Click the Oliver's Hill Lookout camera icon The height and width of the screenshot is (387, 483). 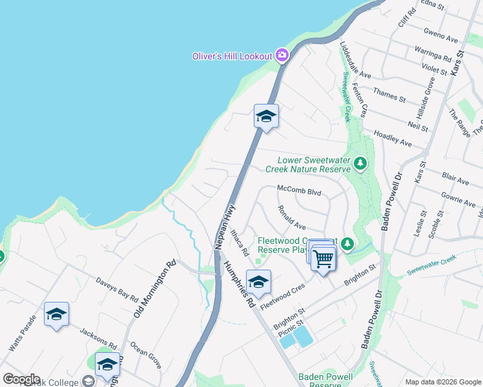click(282, 55)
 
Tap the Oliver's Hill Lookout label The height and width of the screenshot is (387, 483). click(232, 56)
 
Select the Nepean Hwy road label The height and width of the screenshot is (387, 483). click(223, 228)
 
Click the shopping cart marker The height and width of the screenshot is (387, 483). click(323, 258)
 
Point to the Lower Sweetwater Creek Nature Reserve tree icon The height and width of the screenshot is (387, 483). click(360, 164)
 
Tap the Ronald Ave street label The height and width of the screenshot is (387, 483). click(291, 218)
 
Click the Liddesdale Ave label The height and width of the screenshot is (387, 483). click(355, 61)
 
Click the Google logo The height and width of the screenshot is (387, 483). click(21, 379)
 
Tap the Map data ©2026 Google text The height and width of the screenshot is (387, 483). click(442, 382)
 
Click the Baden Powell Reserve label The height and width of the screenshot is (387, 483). click(325, 381)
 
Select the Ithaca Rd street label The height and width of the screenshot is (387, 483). click(239, 240)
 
